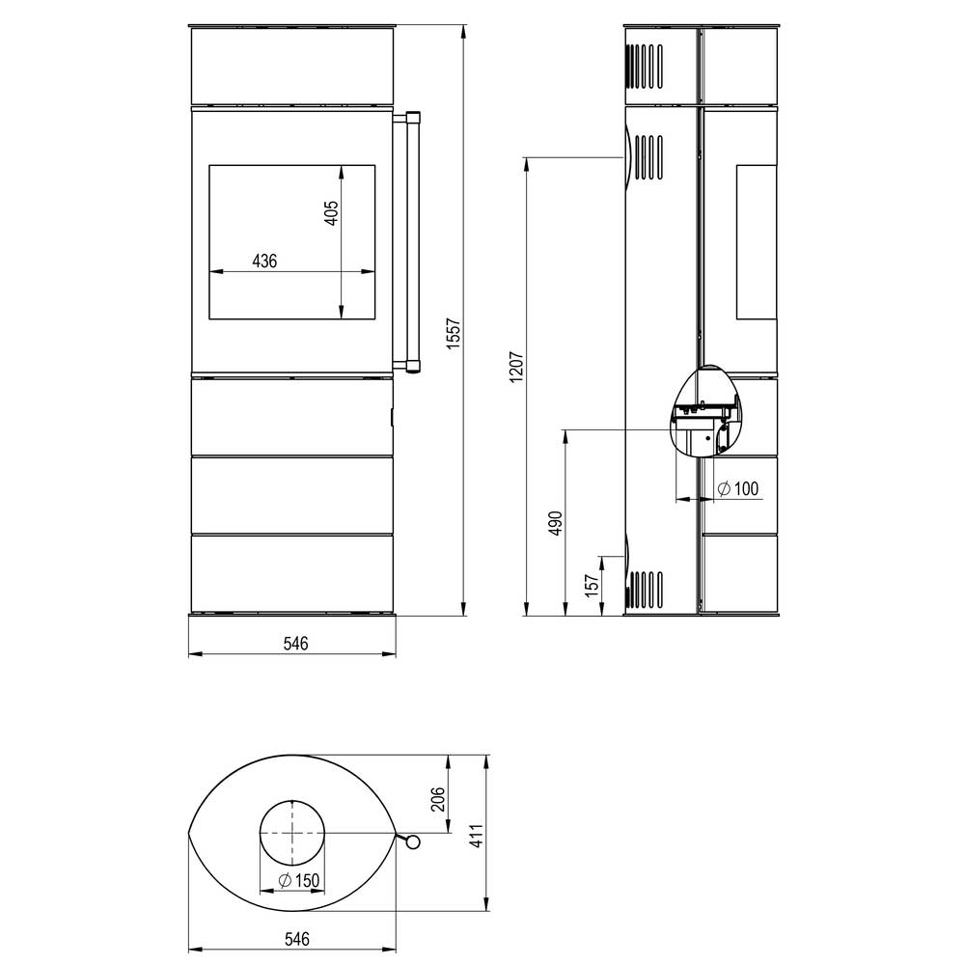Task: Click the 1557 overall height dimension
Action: pos(454,333)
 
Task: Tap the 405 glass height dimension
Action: pos(331,213)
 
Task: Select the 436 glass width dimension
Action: pos(264,261)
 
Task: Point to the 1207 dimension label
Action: pos(515,367)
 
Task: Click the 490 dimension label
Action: pos(556,523)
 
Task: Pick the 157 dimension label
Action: pos(592,586)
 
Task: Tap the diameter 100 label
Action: pos(738,488)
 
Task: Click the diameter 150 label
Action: pos(299,881)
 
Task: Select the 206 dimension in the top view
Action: pos(437,799)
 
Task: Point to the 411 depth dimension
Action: pos(477,836)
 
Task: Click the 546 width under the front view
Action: pos(295,644)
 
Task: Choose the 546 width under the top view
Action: pos(296,939)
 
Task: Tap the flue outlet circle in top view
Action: pos(292,833)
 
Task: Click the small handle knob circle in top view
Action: pos(413,841)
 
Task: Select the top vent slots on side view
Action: pos(645,67)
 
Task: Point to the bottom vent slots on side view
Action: pos(645,590)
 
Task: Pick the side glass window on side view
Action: pos(757,242)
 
